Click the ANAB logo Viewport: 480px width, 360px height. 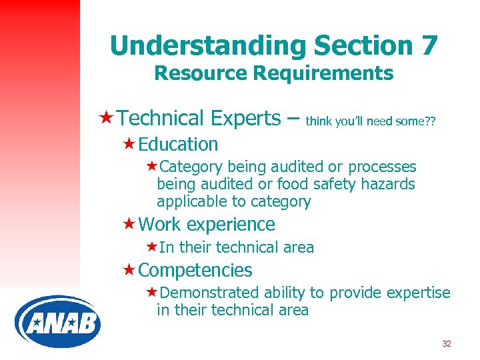[57, 322]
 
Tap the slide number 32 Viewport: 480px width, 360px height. [446, 344]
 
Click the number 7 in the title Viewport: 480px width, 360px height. [429, 45]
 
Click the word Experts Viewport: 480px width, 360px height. [245, 118]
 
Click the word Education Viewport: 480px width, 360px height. [178, 144]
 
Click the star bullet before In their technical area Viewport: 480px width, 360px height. [151, 247]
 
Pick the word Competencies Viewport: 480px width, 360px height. [195, 270]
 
